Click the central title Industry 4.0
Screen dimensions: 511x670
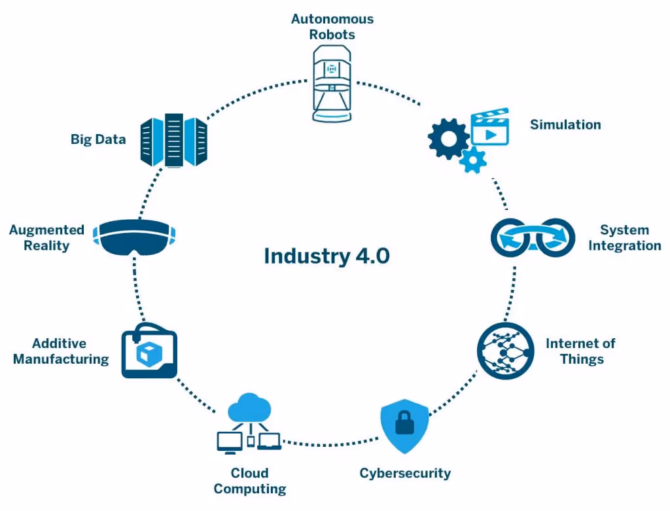coord(326,256)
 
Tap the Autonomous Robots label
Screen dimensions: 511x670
coord(332,26)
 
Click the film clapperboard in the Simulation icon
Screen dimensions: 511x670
coord(490,128)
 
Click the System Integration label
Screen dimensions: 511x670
coord(624,238)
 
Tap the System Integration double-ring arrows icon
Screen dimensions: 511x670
coord(533,237)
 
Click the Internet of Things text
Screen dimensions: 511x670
coord(580,351)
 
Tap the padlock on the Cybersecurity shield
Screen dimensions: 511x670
coord(404,423)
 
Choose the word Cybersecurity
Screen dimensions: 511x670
coord(405,473)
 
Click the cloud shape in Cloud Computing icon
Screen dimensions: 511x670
coord(249,409)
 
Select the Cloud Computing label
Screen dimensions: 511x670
coord(249,481)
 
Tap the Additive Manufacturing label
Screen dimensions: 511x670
coord(61,351)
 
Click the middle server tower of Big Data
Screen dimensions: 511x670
coord(174,140)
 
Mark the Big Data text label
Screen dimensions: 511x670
coord(98,139)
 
